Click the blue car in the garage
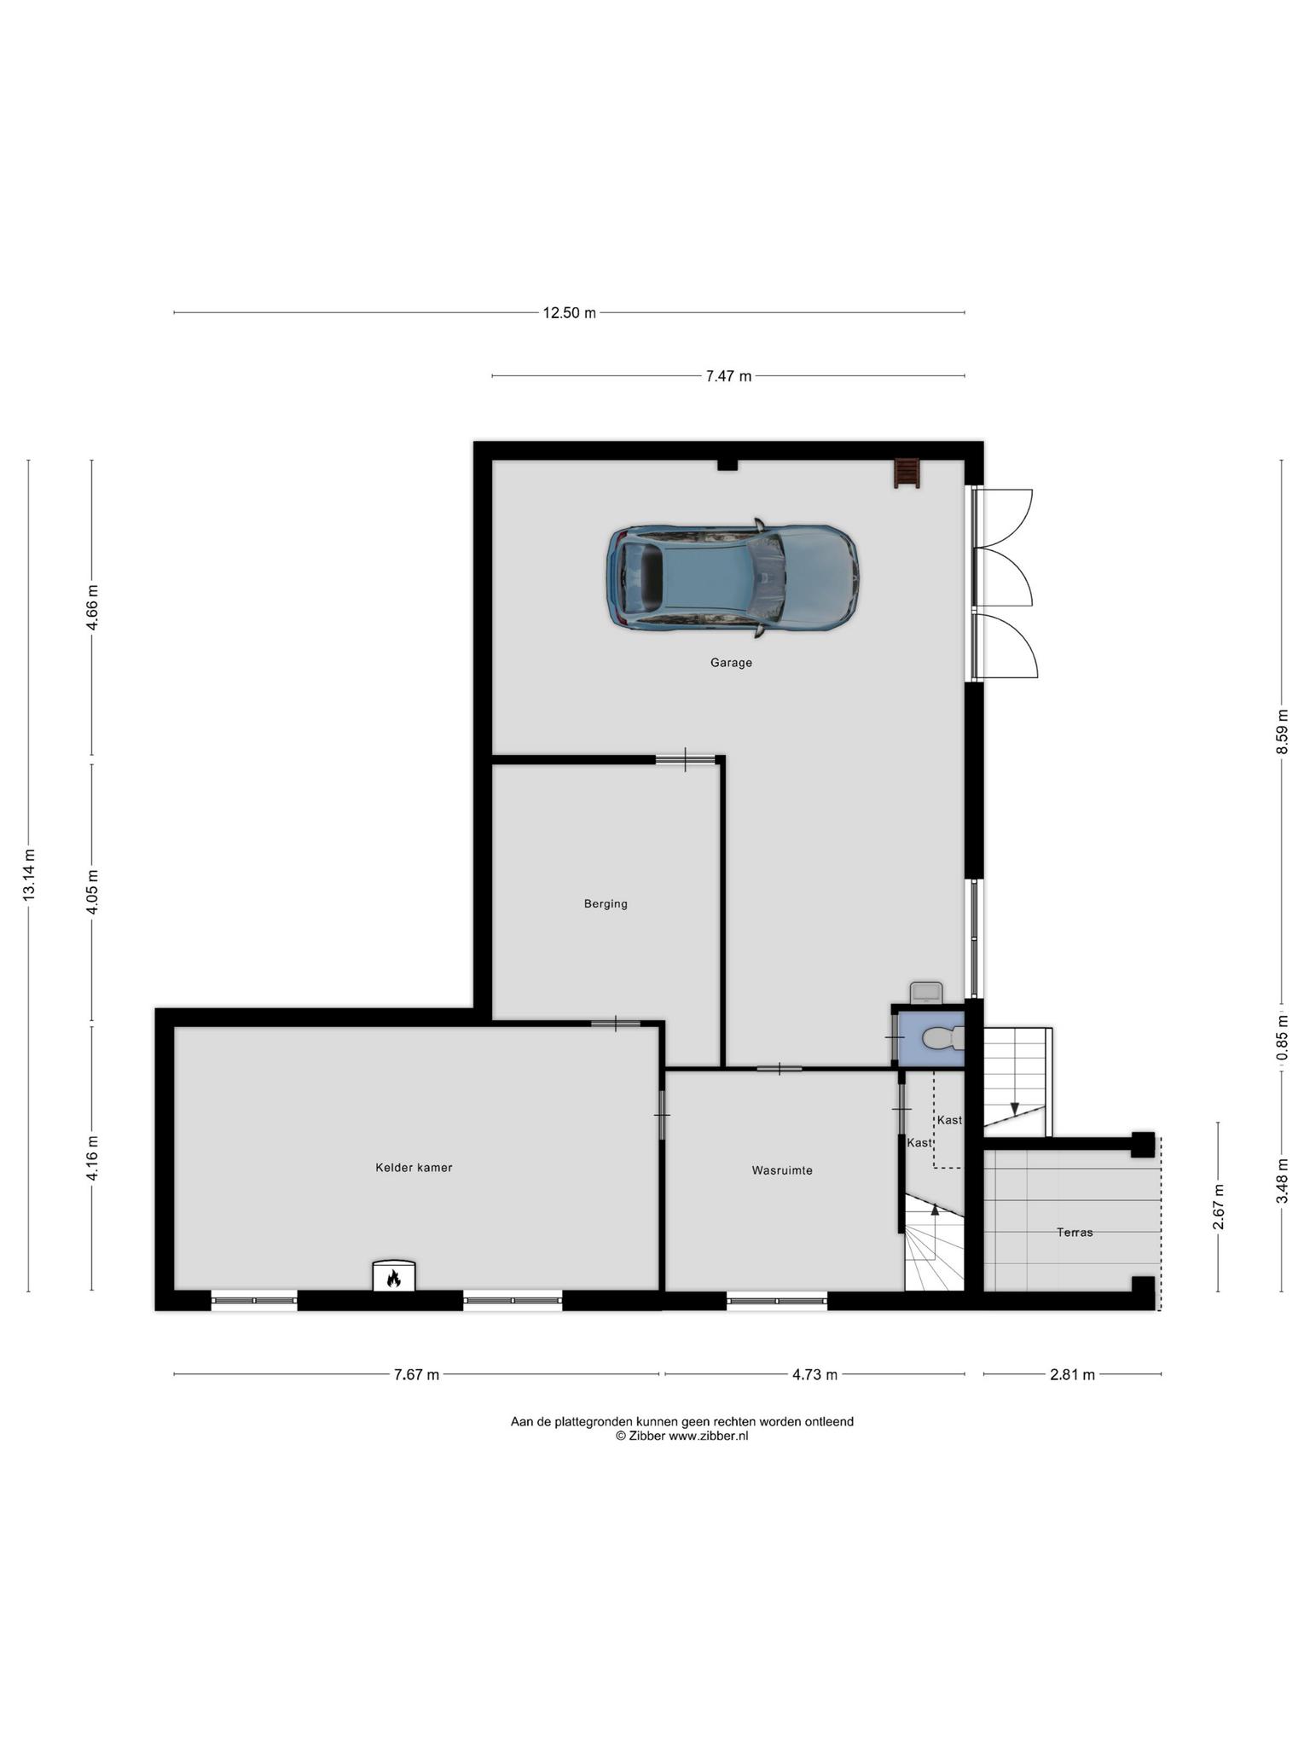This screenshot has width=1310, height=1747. tap(733, 577)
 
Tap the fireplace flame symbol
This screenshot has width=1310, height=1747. tap(393, 1278)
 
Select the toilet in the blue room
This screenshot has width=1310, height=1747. tap(944, 1038)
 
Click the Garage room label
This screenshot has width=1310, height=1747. tap(731, 662)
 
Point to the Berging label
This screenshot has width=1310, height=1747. tap(606, 903)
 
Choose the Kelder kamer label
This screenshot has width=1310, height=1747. tap(414, 1167)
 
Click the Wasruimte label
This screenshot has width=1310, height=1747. tap(782, 1170)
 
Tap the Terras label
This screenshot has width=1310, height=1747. tap(1075, 1232)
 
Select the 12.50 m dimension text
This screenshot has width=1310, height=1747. tap(569, 312)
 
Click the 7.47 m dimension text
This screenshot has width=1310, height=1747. tap(728, 375)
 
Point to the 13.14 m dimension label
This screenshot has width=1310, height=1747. tap(29, 875)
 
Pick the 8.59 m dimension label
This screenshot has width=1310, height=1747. tap(1282, 732)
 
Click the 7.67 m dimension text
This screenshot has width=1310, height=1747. tap(416, 1374)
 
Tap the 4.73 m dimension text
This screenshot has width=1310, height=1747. tap(814, 1374)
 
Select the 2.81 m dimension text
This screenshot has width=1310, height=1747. tap(1072, 1374)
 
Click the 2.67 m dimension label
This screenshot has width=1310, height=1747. tap(1219, 1207)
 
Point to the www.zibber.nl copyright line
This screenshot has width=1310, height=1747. tap(682, 1436)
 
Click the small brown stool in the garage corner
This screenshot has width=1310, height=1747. tap(907, 473)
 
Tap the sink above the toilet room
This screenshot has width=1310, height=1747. tap(926, 992)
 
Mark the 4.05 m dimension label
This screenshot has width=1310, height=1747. tap(93, 891)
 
